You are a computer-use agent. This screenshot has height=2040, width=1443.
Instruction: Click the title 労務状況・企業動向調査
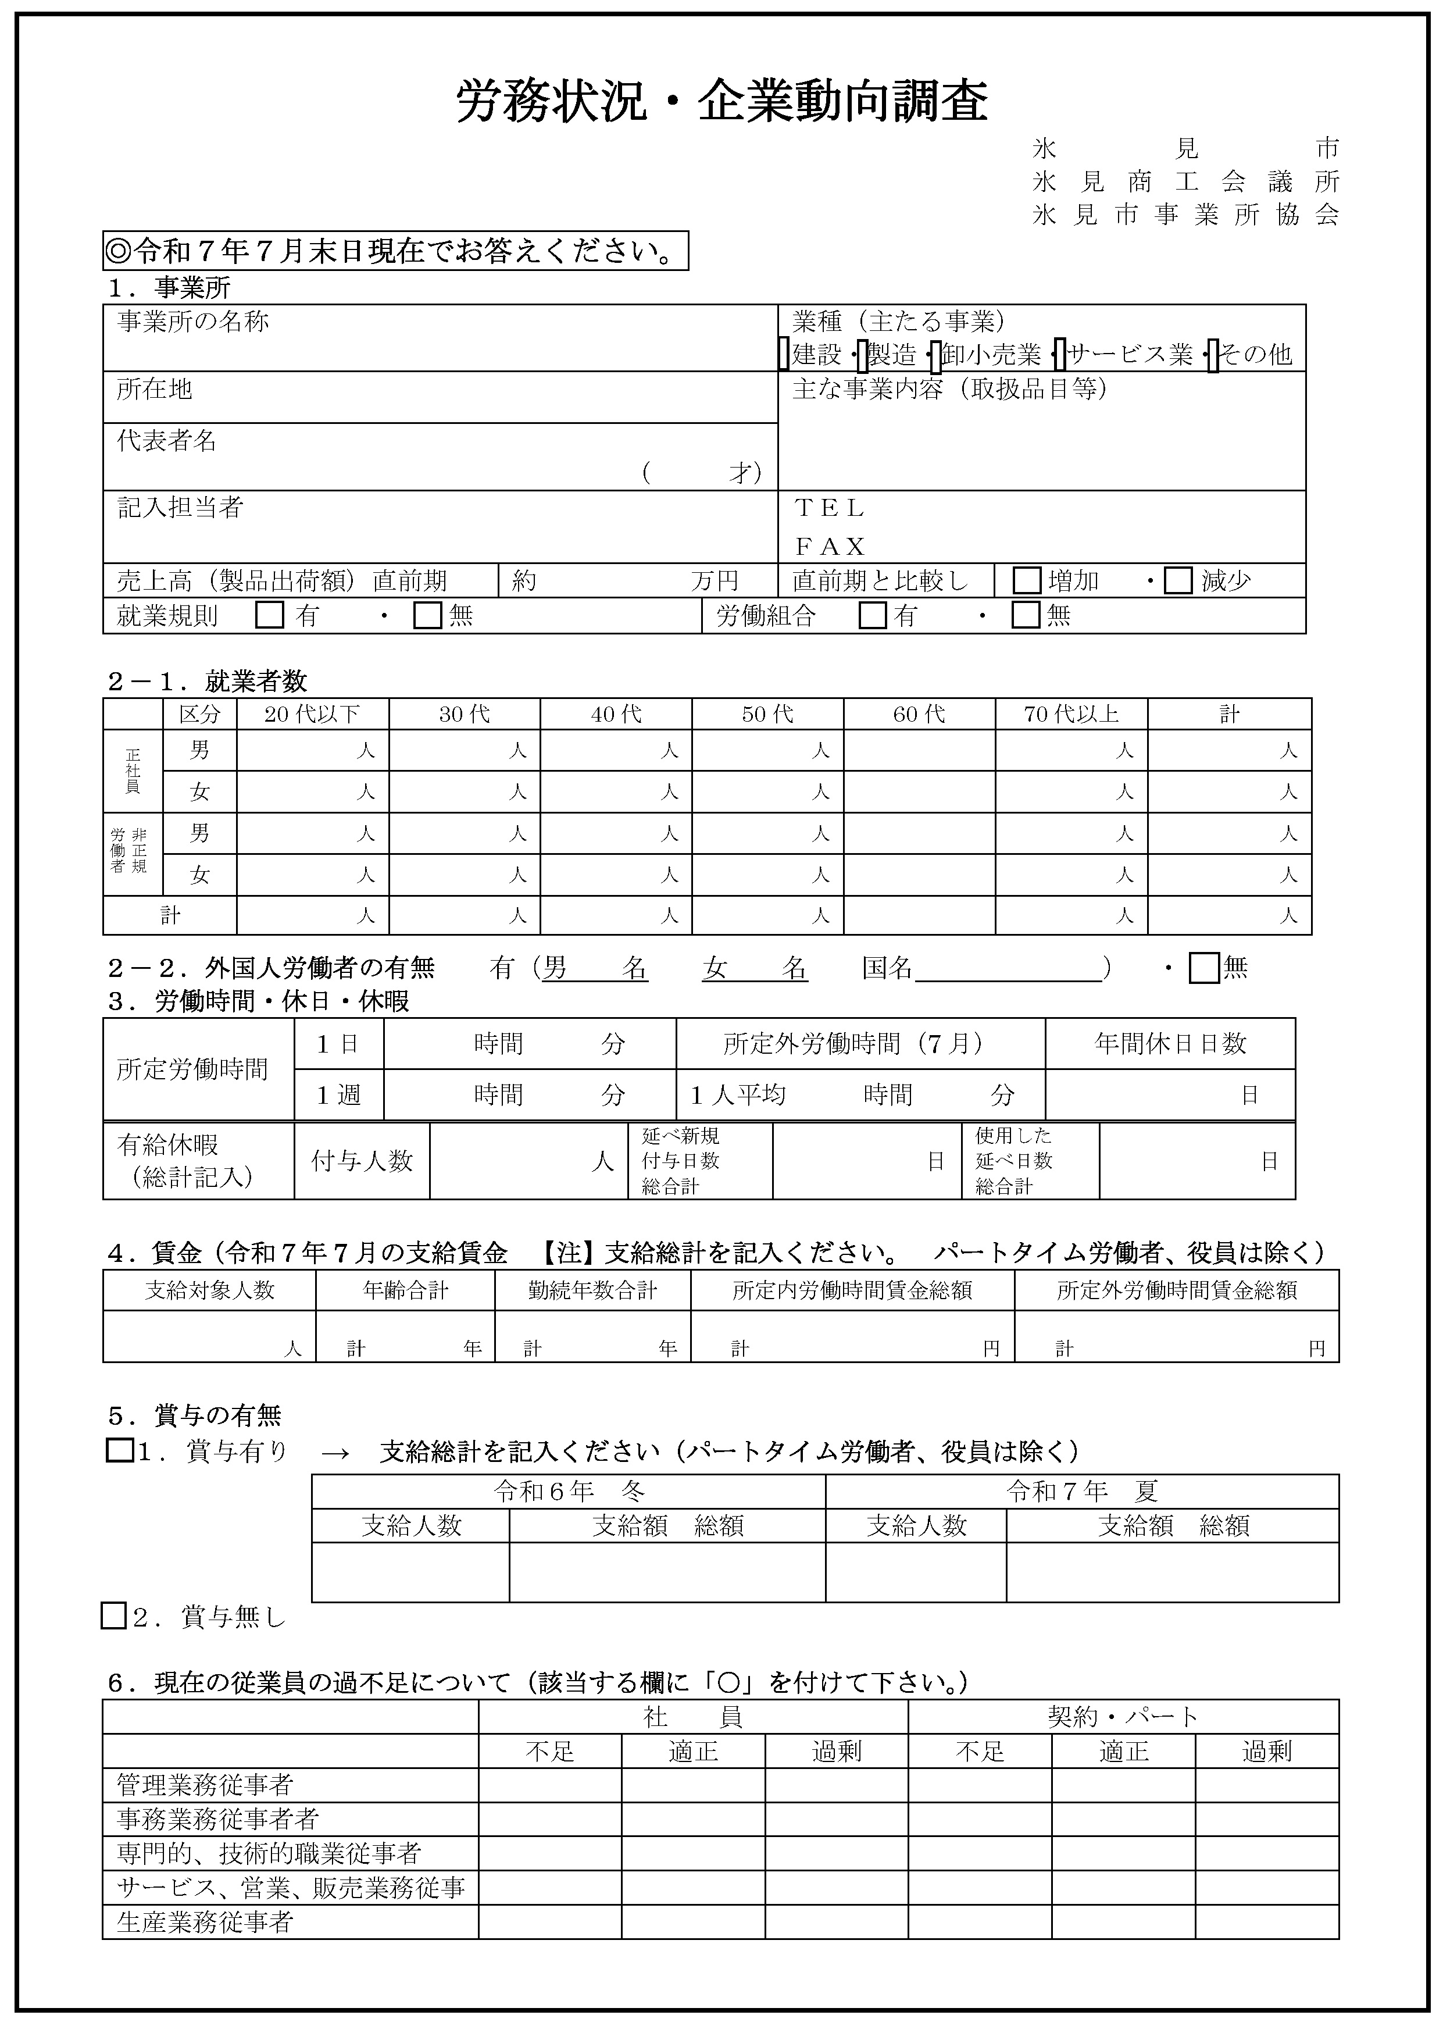tap(721, 102)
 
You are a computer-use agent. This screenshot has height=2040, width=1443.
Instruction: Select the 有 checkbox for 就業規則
tap(269, 616)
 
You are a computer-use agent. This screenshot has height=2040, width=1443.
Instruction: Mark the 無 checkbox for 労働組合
tap(1026, 616)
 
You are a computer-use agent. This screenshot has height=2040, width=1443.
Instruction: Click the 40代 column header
tap(616, 714)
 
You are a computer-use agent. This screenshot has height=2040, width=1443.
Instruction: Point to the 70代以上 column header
tap(1071, 714)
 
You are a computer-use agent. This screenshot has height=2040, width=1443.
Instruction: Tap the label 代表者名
tap(167, 441)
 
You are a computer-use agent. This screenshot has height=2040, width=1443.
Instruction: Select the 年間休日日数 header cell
tap(1170, 1044)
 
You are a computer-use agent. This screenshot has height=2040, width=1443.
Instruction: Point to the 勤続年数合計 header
tap(592, 1291)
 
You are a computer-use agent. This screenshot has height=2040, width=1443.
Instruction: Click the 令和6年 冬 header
tap(569, 1492)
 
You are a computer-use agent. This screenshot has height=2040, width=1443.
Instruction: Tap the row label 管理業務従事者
tap(205, 1785)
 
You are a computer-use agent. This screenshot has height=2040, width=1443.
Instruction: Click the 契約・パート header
tap(1123, 1717)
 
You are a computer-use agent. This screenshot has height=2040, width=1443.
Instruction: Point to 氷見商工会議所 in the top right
tap(1185, 182)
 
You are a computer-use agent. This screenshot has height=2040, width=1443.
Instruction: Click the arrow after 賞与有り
tap(335, 1453)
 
